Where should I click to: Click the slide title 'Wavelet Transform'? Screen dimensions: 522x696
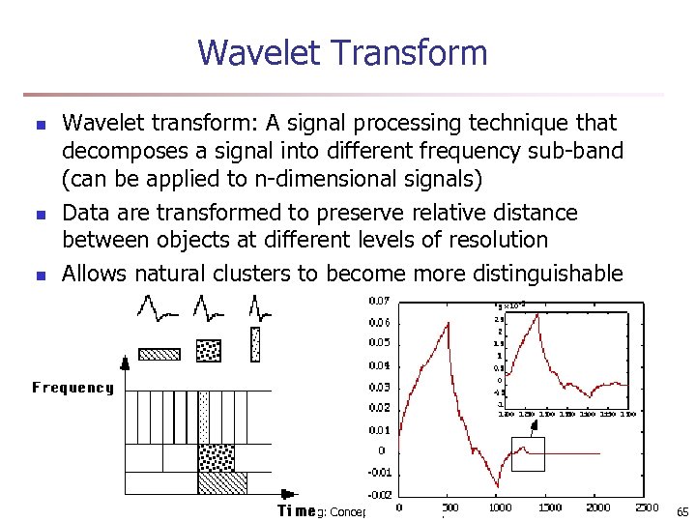click(342, 52)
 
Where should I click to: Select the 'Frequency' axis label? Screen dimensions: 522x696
click(72, 388)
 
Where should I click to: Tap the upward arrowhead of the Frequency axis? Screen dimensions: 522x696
click(124, 363)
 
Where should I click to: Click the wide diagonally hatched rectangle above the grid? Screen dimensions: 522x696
click(159, 353)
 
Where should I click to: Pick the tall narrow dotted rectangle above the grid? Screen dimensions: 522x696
click(255, 344)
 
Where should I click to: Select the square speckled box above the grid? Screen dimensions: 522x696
click(208, 349)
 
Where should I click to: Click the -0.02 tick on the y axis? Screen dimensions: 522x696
click(380, 494)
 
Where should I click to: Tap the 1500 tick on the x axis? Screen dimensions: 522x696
click(549, 507)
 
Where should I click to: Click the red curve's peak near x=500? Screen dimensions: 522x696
click(449, 325)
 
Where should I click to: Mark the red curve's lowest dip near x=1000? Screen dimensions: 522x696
click(498, 487)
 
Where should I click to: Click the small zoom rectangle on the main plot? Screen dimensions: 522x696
click(528, 453)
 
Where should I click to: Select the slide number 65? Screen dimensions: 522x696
click(681, 510)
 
